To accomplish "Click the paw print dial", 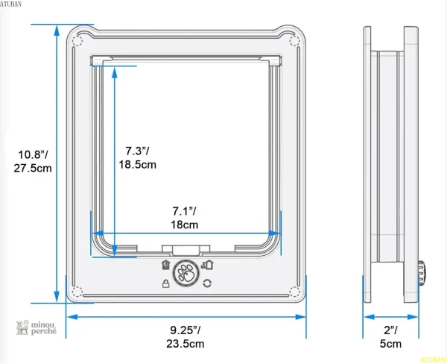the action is click(x=186, y=273).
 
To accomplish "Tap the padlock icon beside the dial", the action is click(x=165, y=283).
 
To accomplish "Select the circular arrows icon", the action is click(x=207, y=283).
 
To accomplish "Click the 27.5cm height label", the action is click(x=33, y=168).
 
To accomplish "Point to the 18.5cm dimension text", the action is click(x=137, y=165).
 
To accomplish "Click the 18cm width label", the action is click(x=185, y=225).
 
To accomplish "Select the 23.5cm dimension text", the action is click(x=186, y=343).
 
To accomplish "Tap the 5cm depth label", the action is click(x=390, y=343).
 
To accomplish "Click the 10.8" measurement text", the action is click(x=33, y=154).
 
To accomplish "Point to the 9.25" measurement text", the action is click(x=186, y=330).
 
